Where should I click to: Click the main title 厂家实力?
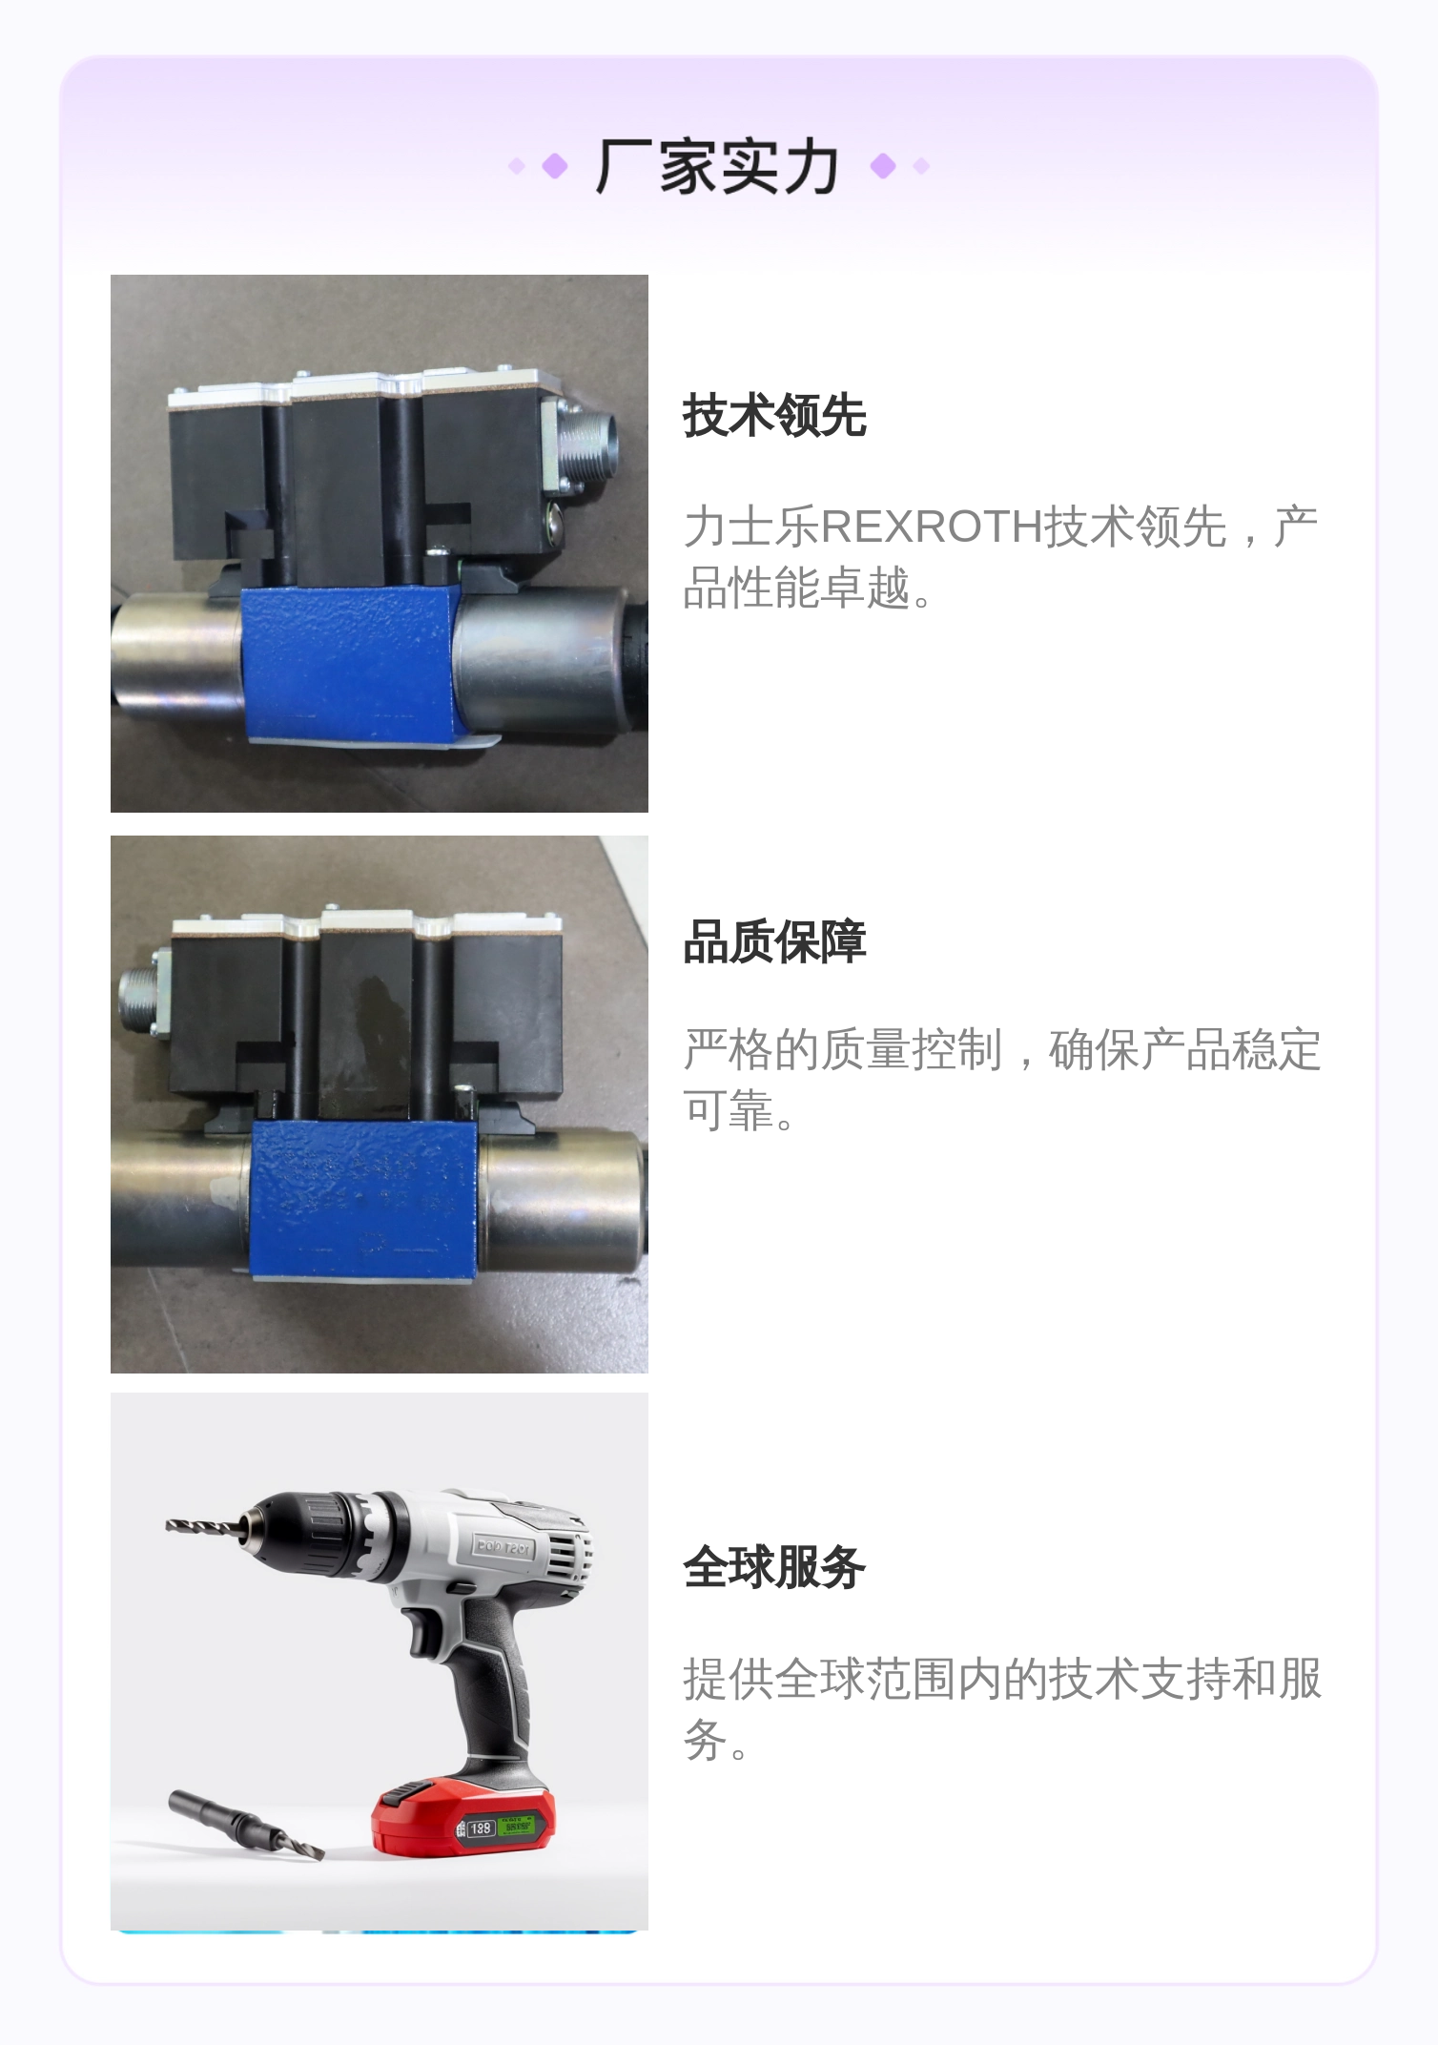[717, 167]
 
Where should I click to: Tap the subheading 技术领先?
[774, 416]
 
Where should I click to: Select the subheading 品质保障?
[774, 942]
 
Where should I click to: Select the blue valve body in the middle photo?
[364, 1197]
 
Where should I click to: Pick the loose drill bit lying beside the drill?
[244, 1824]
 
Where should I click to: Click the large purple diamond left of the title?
[554, 167]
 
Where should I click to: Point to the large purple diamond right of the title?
[883, 167]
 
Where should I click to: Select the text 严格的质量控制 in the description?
[842, 1050]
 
